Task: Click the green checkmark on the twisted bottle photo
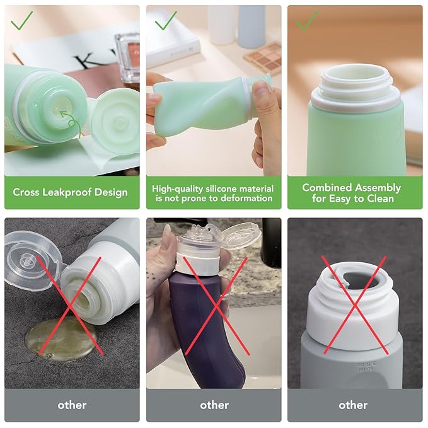click(166, 20)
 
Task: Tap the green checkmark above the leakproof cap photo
click(22, 20)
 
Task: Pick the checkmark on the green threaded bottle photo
click(307, 20)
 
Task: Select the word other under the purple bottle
click(214, 405)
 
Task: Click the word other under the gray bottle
click(353, 405)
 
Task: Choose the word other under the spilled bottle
click(72, 405)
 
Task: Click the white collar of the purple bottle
click(198, 263)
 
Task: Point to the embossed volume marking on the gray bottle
click(365, 367)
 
